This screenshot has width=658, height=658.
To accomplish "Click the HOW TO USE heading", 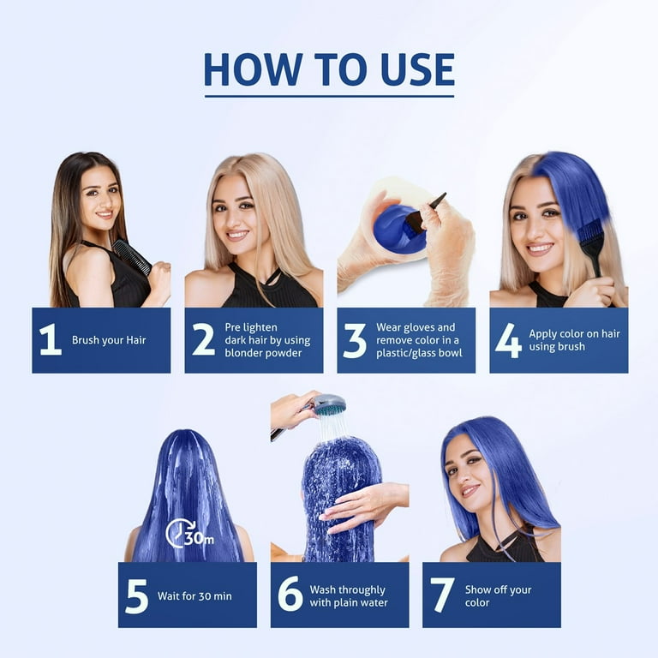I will (x=329, y=70).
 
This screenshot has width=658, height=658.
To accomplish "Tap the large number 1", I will (x=51, y=340).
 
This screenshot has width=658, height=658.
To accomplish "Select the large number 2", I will (x=203, y=340).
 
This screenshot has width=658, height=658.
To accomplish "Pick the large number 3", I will (x=355, y=340).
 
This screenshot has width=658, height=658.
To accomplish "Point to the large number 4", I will (x=507, y=340).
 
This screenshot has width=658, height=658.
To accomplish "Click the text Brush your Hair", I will (x=109, y=340).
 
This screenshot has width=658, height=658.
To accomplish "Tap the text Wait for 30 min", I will (x=194, y=596).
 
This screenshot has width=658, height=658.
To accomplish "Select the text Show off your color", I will (x=498, y=596).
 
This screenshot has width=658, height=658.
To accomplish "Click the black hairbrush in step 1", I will (x=132, y=256).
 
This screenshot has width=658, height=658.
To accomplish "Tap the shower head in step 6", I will (x=329, y=404).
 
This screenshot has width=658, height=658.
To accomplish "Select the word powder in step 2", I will (x=288, y=353).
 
